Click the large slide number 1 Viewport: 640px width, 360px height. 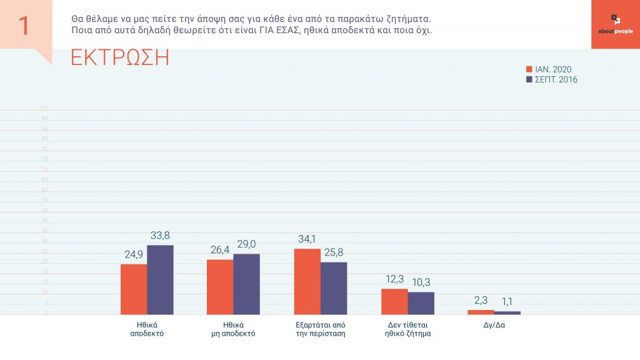[x=24, y=26]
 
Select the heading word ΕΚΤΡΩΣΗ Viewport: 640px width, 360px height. [x=120, y=57]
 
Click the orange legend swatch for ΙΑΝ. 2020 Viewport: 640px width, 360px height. [x=529, y=69]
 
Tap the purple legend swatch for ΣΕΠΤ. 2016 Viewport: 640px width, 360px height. [x=529, y=80]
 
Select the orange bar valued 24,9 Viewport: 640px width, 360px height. [x=134, y=289]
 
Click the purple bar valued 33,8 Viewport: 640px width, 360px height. [x=160, y=279]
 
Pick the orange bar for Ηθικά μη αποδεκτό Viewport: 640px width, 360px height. [x=220, y=287]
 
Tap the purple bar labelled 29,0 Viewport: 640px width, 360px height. [x=246, y=284]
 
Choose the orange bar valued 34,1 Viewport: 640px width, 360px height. [x=307, y=281]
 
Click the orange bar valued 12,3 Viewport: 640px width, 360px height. [x=394, y=301]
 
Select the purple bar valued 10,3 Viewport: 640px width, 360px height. [x=420, y=303]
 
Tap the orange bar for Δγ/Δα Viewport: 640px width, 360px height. [x=480, y=312]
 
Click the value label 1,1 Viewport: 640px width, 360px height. [x=506, y=301]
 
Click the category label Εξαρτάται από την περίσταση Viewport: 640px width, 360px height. [x=320, y=329]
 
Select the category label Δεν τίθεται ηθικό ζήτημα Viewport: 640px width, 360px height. [x=407, y=329]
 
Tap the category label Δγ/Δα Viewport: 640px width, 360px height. [x=494, y=325]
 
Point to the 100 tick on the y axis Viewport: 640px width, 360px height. [x=43, y=108]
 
